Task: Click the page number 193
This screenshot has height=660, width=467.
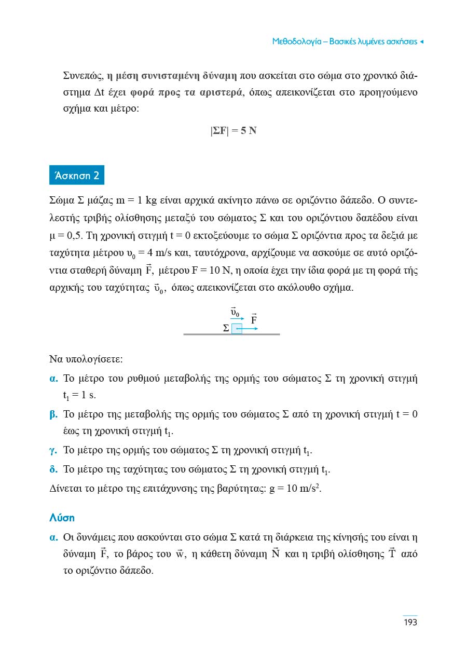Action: (410, 622)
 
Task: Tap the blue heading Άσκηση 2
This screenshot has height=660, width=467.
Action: (76, 176)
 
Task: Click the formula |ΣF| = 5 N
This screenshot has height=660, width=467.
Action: (233, 131)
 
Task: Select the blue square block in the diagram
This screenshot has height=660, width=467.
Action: (237, 329)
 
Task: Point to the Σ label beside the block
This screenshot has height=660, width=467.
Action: (226, 329)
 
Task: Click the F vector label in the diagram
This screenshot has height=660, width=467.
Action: (254, 319)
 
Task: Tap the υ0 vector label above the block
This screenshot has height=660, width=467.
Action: (235, 312)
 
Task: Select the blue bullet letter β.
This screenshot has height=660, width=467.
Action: (53, 414)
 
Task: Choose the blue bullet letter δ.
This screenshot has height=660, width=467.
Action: (53, 470)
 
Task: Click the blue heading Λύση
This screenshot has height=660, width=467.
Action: (62, 518)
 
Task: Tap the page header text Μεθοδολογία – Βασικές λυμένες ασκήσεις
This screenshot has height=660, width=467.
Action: (345, 42)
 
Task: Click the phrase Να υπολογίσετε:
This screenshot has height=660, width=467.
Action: (86, 359)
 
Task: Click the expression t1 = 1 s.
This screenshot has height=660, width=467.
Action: (79, 396)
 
